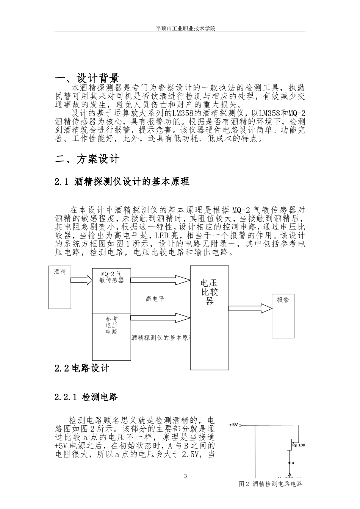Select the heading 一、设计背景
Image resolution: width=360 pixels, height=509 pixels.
pyautogui.click(x=87, y=78)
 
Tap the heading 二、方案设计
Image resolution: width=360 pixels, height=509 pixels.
pyautogui.click(x=87, y=159)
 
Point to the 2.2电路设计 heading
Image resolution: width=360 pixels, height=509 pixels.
pyautogui.click(x=82, y=368)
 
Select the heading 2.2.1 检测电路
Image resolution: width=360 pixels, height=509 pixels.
pyautogui.click(x=86, y=397)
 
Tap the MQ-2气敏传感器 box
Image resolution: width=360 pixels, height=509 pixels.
pyautogui.click(x=111, y=290)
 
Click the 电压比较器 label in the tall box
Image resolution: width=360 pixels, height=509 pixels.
pyautogui.click(x=210, y=292)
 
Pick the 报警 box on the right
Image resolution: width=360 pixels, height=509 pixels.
pyautogui.click(x=283, y=315)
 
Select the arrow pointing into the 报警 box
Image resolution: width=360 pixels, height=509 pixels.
pyautogui.click(x=250, y=308)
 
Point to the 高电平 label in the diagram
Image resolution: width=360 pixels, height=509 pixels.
pyautogui.click(x=155, y=299)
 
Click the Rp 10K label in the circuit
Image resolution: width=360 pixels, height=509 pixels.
pyautogui.click(x=299, y=445)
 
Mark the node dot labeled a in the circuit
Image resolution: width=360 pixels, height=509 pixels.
pyautogui.click(x=290, y=463)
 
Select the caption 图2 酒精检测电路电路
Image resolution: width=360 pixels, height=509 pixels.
pyautogui.click(x=271, y=484)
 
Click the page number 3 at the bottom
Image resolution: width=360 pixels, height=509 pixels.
pyautogui.click(x=185, y=476)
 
